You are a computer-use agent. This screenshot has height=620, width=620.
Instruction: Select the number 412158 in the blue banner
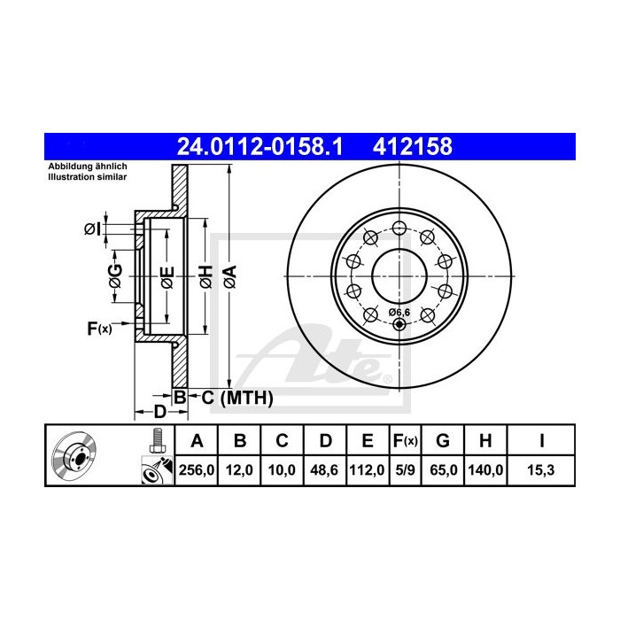coord(414,143)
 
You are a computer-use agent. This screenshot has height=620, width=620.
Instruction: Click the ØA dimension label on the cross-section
coord(228,276)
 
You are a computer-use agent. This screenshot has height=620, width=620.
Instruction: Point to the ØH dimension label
coord(204,276)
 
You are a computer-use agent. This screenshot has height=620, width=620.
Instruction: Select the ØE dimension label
coord(166,276)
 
